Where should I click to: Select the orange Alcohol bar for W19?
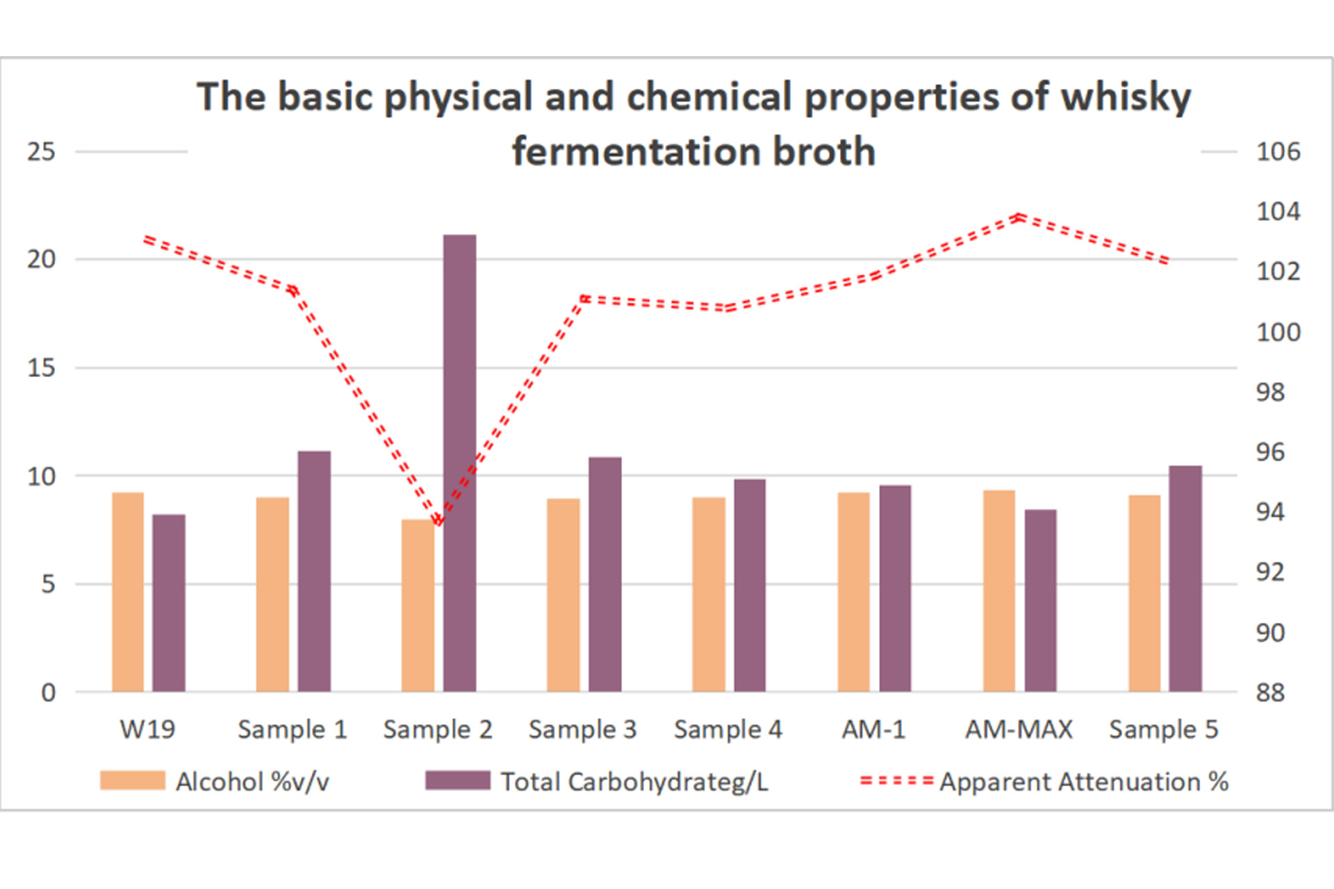128,592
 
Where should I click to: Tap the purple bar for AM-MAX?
1040,601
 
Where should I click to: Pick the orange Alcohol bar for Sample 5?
1144,593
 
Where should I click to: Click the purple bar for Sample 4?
750,585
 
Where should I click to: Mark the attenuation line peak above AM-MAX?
1019,217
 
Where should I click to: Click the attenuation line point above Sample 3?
584,299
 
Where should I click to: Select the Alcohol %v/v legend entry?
215,781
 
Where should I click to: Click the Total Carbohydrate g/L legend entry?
598,781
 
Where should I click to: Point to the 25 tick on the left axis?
41,151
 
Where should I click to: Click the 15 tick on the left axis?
41,368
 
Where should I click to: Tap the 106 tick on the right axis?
1278,151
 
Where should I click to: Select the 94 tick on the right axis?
1270,512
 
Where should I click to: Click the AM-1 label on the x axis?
873,729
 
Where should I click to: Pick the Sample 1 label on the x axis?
292,729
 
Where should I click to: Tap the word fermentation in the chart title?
636,151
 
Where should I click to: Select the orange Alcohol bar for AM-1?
853,592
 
